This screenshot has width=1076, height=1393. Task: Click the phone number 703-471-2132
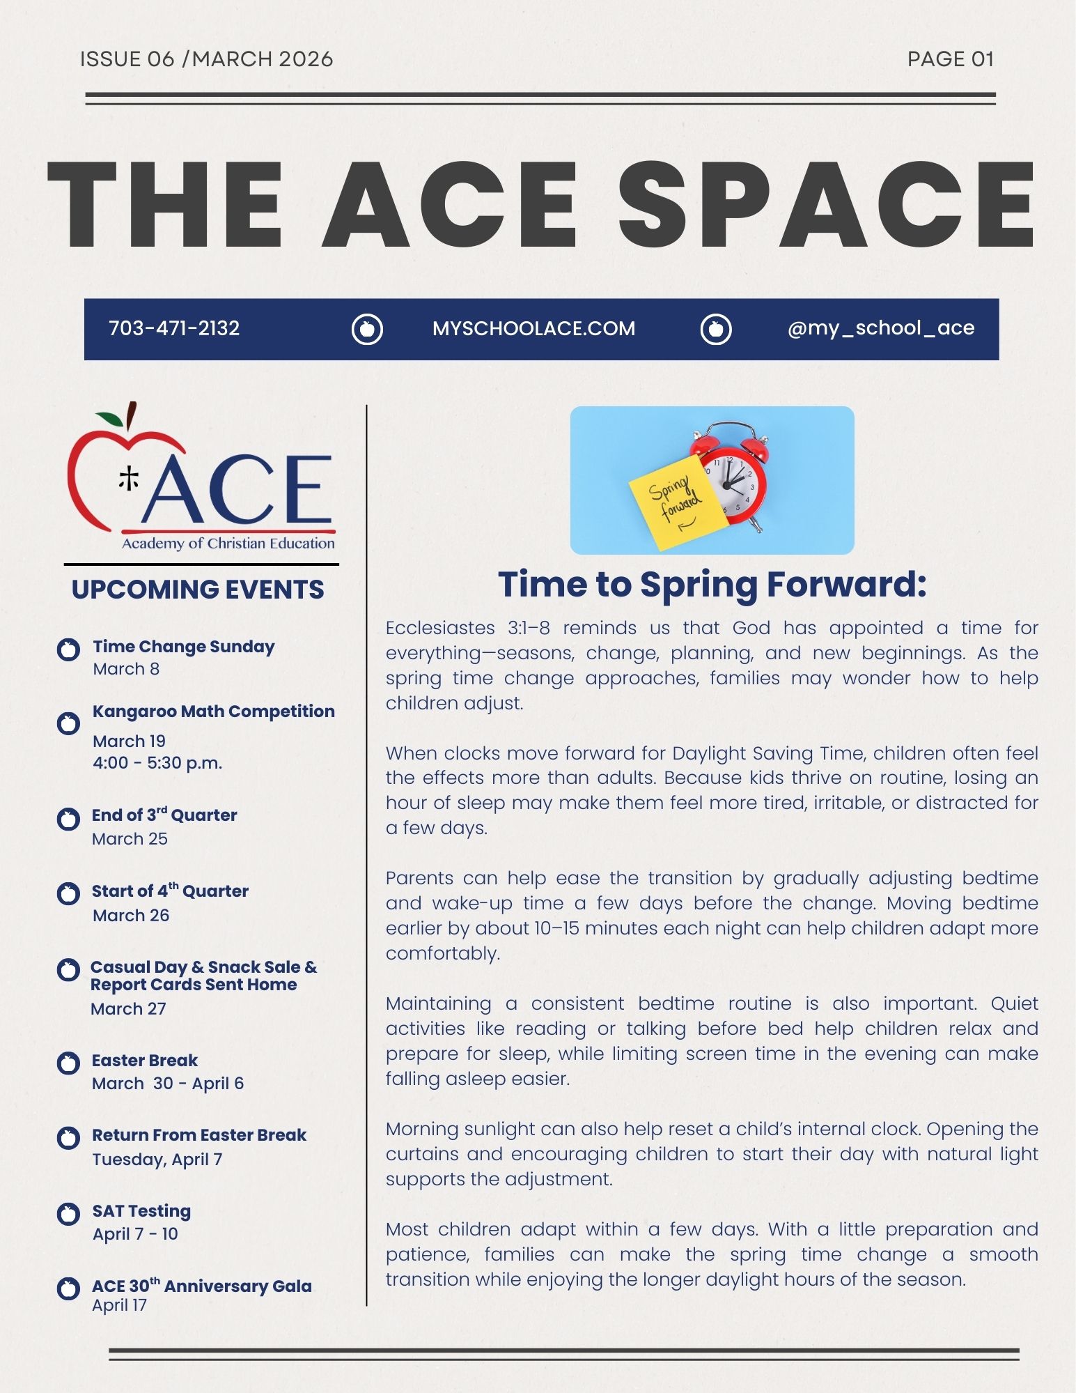coord(174,328)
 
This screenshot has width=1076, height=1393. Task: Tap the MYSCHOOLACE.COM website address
coord(533,329)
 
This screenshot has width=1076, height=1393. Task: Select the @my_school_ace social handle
coord(880,328)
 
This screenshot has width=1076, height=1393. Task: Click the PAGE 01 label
coord(950,59)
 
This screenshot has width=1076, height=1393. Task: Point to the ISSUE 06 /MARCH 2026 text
coord(206,59)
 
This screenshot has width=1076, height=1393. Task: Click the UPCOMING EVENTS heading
coord(198,590)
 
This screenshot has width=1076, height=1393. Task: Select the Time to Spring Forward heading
coord(712,584)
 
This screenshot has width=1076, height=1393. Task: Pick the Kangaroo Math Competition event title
coord(213,711)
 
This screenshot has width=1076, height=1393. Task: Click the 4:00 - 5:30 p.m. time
coord(157,763)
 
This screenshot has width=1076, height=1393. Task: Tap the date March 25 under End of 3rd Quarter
coord(130,839)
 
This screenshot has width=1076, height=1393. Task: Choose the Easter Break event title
coord(145,1061)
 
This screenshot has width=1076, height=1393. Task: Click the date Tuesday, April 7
coord(157,1160)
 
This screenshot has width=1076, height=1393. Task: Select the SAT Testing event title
coord(141,1211)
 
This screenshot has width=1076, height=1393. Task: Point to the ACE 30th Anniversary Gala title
coord(201,1286)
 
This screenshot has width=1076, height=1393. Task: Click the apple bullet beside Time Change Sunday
coord(68,649)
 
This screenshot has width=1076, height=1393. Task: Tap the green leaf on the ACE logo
coord(109,419)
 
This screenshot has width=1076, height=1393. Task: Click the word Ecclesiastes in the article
coord(440,628)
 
